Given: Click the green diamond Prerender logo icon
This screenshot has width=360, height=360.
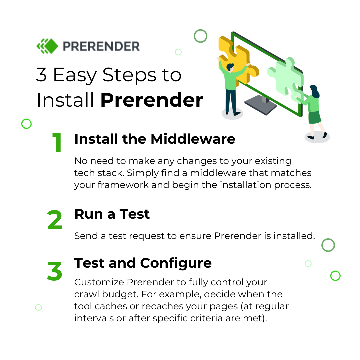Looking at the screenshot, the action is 47,46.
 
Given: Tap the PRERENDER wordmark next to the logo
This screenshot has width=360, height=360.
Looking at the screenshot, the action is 101,46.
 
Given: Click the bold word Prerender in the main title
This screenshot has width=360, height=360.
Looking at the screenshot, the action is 152,100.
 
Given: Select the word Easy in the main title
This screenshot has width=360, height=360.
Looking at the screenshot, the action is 75,76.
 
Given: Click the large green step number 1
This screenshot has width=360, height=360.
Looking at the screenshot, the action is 57,142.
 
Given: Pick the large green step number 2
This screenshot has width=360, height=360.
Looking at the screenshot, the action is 55,220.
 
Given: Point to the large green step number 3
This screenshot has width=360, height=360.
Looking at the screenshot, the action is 54,271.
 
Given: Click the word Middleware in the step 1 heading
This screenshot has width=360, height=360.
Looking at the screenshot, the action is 193,139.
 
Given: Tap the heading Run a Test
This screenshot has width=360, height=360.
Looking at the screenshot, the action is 112,214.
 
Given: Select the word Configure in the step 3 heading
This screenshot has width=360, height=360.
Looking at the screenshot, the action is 176,264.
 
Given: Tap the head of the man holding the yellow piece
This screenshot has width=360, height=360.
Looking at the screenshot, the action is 230,67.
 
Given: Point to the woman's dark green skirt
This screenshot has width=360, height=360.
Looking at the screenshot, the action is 314,117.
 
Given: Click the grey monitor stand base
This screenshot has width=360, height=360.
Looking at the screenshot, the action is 261,106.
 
